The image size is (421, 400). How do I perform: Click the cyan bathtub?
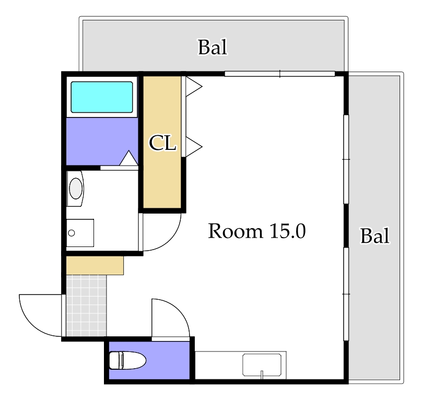(102, 97)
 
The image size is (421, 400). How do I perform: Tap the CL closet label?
(162, 143)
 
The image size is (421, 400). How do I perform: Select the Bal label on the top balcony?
(213, 47)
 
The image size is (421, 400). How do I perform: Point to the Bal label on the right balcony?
(375, 236)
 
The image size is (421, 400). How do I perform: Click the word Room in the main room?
(236, 231)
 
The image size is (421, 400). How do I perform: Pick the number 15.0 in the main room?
(288, 231)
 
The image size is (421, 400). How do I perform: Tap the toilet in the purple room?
(127, 360)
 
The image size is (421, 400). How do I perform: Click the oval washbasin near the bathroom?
(75, 189)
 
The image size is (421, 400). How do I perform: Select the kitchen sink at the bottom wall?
(262, 364)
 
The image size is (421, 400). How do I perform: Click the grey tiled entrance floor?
(86, 305)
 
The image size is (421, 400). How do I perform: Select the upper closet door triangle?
(194, 87)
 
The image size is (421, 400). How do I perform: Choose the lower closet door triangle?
(194, 147)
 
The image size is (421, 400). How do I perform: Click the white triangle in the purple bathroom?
(128, 158)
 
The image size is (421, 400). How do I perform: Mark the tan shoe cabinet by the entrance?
(95, 265)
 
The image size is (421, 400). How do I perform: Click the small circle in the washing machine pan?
(72, 233)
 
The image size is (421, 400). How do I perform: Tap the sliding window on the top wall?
(279, 74)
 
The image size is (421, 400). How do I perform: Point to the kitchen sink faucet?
(262, 374)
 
